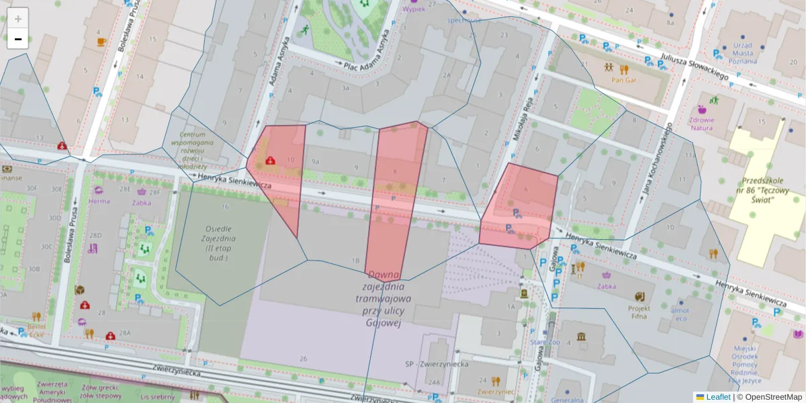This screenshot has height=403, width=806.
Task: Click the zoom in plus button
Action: (x=18, y=18)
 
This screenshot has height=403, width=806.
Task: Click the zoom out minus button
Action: (x=18, y=39)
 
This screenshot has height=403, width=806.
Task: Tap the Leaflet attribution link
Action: (x=717, y=397)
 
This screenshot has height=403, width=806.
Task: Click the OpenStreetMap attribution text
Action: (x=773, y=397)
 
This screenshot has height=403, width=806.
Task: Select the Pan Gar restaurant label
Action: (x=624, y=79)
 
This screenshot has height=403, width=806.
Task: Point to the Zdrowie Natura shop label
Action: (x=702, y=124)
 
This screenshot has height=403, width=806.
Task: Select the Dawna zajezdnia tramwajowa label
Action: (x=384, y=299)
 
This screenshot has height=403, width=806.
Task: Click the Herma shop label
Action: (x=99, y=201)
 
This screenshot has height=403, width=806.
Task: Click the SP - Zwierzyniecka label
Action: (x=436, y=363)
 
